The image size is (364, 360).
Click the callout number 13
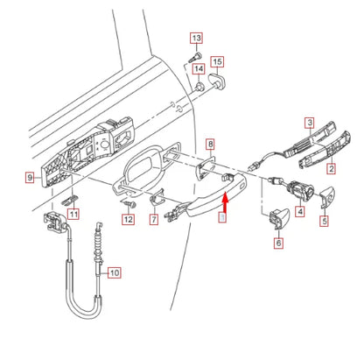195,38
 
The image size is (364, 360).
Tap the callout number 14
199,68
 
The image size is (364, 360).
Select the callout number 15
218,61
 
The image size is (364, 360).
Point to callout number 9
30,177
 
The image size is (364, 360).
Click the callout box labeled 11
73,214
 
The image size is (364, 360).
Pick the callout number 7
155,219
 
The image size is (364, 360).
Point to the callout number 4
300,211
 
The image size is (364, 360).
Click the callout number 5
324,222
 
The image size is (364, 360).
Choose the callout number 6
278,243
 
